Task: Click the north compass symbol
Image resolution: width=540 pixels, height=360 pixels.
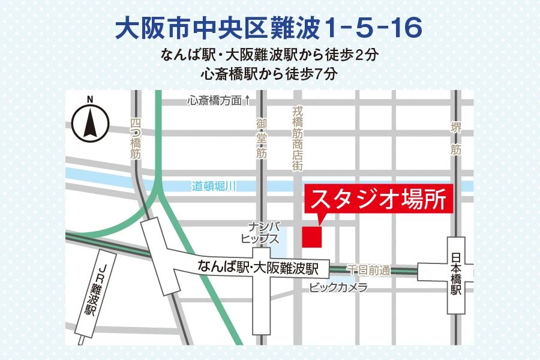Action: (x=90, y=124)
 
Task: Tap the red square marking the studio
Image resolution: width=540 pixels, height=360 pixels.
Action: (x=311, y=236)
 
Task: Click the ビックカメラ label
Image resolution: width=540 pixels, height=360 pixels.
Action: (x=338, y=288)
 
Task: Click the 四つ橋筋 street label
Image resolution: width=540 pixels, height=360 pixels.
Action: (x=135, y=139)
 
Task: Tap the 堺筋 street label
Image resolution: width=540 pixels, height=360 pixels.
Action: (x=456, y=139)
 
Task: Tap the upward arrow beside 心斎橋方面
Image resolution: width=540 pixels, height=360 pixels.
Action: (x=247, y=101)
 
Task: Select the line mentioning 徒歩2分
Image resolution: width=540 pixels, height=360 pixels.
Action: (x=269, y=56)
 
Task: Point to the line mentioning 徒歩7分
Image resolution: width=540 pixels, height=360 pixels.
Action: (x=269, y=75)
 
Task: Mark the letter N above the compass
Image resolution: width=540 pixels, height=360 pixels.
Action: (x=90, y=100)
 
